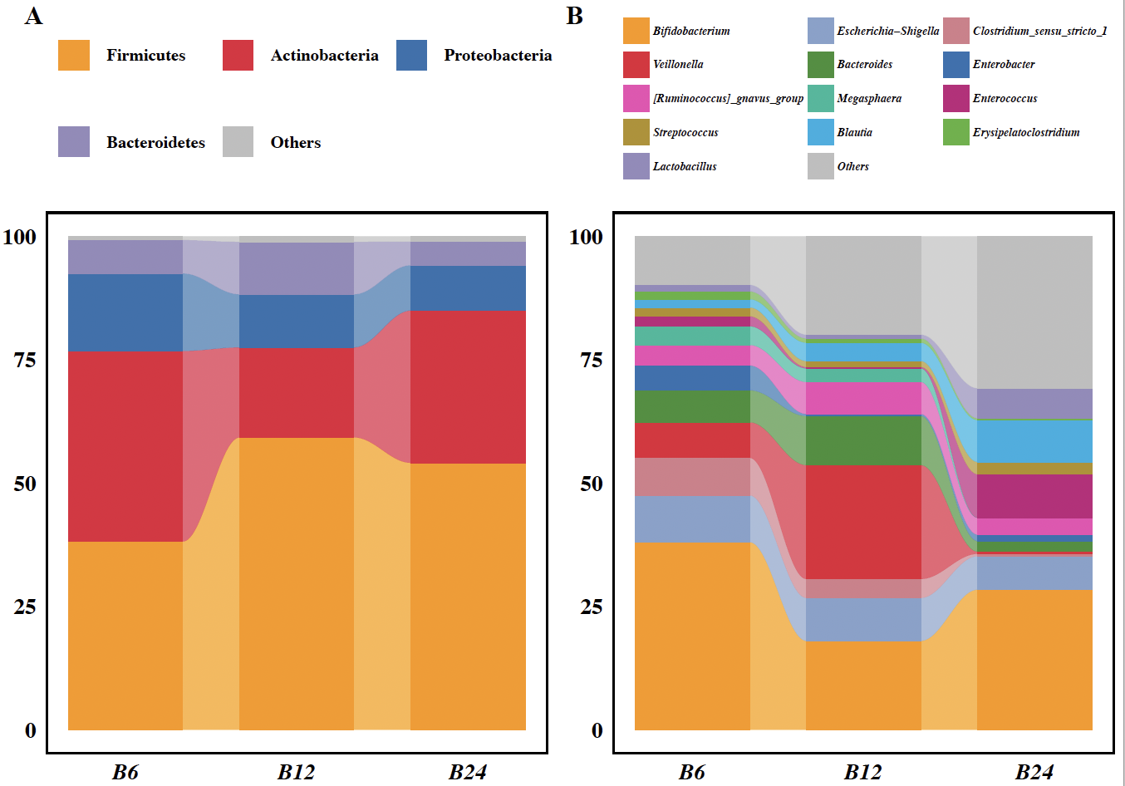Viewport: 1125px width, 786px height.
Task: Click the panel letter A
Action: [33, 16]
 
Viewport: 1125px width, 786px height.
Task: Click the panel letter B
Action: [575, 16]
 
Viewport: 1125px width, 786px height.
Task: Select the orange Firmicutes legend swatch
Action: [73, 56]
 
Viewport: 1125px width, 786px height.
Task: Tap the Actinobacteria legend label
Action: [324, 56]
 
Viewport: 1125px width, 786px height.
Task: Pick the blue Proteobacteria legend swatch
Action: [411, 56]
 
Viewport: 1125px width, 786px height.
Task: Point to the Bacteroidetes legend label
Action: [155, 142]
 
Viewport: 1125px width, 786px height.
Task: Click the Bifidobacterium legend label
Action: [691, 31]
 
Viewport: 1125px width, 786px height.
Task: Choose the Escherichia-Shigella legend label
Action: [887, 31]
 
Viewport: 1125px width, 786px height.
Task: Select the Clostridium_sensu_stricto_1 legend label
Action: [1039, 31]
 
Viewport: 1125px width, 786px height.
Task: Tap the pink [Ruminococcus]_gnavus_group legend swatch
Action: [636, 98]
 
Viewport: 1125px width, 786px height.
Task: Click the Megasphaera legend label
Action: [868, 98]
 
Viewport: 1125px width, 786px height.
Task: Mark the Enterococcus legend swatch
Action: [956, 98]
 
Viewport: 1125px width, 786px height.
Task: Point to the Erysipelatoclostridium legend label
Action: [1026, 132]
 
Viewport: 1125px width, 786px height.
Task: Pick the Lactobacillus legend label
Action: [685, 166]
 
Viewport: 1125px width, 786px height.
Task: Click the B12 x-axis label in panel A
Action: [296, 772]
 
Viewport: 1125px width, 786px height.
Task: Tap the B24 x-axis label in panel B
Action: [1034, 772]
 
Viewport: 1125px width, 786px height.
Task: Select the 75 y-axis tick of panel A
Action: [25, 360]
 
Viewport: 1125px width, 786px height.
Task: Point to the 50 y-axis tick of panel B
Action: [591, 484]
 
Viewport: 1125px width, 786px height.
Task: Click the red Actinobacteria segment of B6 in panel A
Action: [125, 446]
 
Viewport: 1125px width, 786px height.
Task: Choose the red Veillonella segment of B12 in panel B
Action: [862, 521]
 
